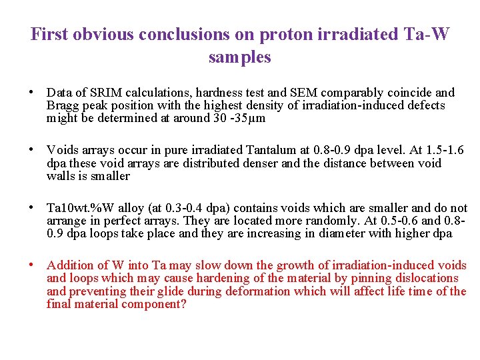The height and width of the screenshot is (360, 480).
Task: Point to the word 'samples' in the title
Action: click(x=239, y=57)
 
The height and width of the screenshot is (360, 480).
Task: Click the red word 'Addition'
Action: click(x=71, y=265)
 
